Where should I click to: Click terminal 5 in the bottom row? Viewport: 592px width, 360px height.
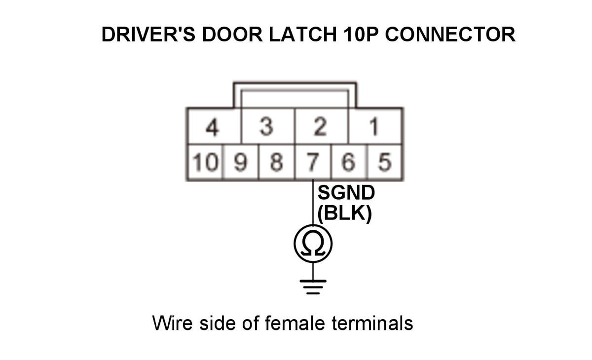click(x=385, y=162)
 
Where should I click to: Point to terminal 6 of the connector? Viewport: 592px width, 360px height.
click(x=349, y=162)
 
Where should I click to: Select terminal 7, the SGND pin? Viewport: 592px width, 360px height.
click(x=313, y=162)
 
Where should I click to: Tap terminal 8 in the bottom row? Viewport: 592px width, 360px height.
click(x=277, y=162)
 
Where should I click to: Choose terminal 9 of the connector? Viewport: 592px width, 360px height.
click(x=241, y=162)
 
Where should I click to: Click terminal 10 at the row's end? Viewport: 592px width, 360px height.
click(x=205, y=162)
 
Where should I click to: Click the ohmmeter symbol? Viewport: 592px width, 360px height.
click(x=313, y=243)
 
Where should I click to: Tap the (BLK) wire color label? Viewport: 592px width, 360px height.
click(x=344, y=214)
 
